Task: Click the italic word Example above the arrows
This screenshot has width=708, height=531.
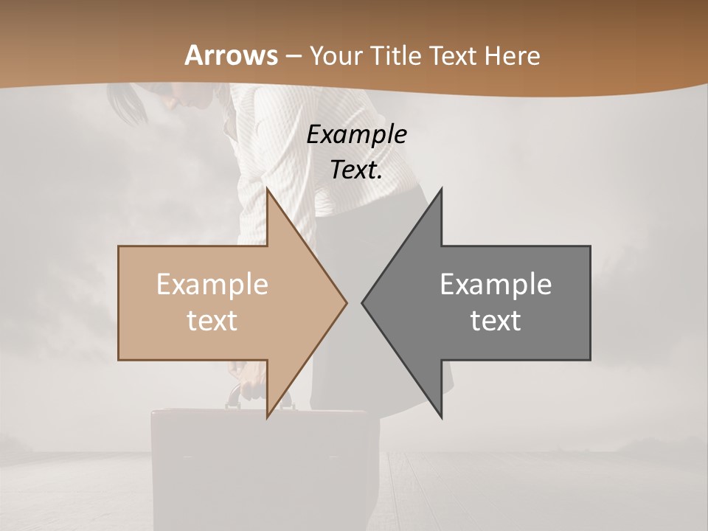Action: point(357,135)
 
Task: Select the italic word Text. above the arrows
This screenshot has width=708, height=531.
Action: point(356,170)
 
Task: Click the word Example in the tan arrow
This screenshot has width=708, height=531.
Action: point(212,285)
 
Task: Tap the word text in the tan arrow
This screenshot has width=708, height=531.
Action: point(212,321)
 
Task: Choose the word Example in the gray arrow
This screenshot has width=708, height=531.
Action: point(496,285)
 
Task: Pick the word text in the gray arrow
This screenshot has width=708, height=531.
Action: point(496,321)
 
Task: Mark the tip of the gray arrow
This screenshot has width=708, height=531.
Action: point(363,302)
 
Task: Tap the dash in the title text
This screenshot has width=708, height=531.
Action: point(293,56)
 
